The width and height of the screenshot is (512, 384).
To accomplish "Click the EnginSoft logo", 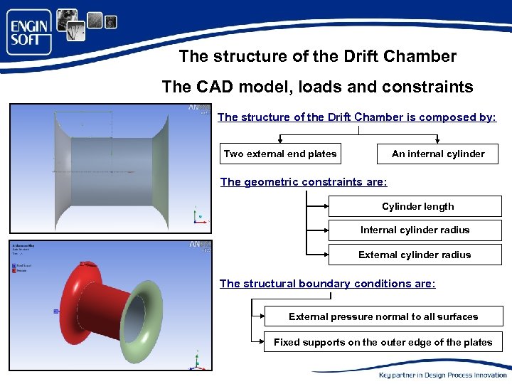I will [x=30, y=32].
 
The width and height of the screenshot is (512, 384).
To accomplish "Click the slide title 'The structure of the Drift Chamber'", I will [x=317, y=55].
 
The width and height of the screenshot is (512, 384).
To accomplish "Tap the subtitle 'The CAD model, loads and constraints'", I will [x=317, y=87].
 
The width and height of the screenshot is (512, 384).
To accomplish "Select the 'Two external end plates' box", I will [x=280, y=154].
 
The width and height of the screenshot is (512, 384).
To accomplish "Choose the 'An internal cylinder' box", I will [x=437, y=154].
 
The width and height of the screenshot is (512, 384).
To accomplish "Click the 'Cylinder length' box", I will [x=417, y=207].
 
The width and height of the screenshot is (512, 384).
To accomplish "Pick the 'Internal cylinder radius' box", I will [x=415, y=230].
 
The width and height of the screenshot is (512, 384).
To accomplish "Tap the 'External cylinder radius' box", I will [x=415, y=255].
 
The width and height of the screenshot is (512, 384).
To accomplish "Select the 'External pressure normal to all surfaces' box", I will [x=383, y=316].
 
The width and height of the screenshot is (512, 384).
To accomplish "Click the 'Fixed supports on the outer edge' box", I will [x=383, y=342].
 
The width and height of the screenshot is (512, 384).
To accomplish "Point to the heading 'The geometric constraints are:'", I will [x=304, y=182].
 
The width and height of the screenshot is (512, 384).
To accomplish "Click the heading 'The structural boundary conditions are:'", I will [x=327, y=284].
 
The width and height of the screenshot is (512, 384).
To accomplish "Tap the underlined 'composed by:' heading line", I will [x=356, y=117].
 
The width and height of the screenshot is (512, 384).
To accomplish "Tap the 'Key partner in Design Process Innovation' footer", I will [x=442, y=375].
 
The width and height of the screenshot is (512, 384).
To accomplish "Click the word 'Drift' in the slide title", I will [x=335, y=55].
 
